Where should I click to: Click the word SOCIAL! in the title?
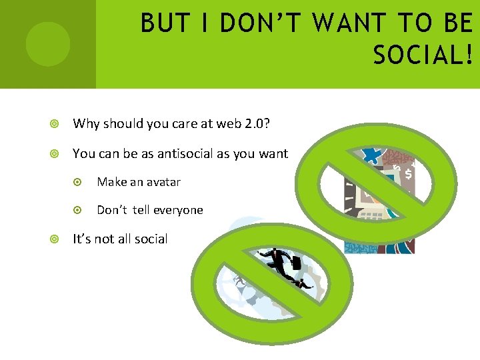[423, 55]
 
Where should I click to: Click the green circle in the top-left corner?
[47, 44]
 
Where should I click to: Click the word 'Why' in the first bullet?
[85, 123]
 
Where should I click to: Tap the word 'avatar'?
[164, 182]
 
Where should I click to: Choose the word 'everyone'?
[178, 210]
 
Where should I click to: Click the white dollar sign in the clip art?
[408, 174]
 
